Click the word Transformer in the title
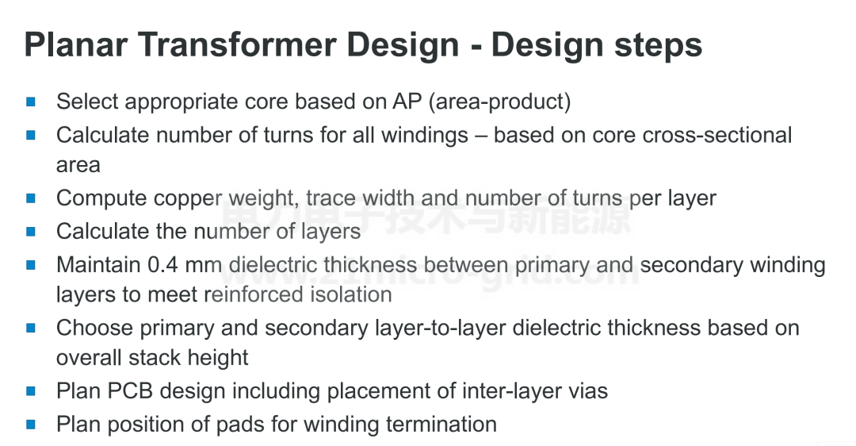pyautogui.click(x=237, y=44)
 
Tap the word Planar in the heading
pyautogui.click(x=76, y=44)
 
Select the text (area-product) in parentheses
pyautogui.click(x=499, y=102)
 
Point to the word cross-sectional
pyautogui.click(x=717, y=135)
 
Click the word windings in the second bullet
pyautogui.click(x=424, y=136)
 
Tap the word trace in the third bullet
pyautogui.click(x=331, y=198)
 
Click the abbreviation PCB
pyautogui.click(x=130, y=391)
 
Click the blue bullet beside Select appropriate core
pyautogui.click(x=31, y=101)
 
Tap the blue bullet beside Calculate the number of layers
pyautogui.click(x=31, y=231)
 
